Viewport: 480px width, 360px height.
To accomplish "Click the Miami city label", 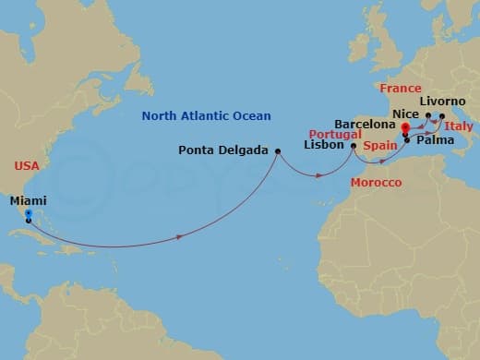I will coord(29,199).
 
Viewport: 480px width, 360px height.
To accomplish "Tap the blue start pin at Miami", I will coord(29,214).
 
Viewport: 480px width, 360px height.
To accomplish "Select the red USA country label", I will coord(27,166).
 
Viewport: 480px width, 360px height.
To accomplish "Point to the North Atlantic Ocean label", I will coord(206,115).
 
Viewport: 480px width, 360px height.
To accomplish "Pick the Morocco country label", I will coord(377,184).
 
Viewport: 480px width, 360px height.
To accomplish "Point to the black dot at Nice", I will coord(426,116).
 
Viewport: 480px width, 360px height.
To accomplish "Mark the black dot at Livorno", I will coord(442,116).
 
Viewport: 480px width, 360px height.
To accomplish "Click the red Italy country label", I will coord(459,125).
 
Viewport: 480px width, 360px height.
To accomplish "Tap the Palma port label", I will coord(433,142).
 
